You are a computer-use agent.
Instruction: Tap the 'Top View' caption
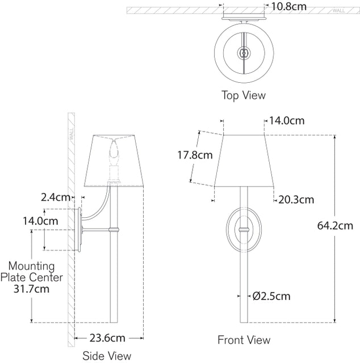tap(244, 95)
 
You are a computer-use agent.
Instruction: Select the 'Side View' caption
tap(107, 356)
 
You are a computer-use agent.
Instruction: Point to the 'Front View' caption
tap(244, 340)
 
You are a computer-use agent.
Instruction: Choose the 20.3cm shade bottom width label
tap(296, 199)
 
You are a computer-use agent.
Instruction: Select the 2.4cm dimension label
tap(55, 197)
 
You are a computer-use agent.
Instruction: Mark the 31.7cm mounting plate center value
tap(31, 288)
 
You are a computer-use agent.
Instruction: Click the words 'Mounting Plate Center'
tap(31, 271)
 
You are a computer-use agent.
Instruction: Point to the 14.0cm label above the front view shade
tap(287, 120)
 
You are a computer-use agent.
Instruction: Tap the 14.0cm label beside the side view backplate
tap(39, 220)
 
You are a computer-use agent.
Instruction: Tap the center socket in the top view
tap(244, 53)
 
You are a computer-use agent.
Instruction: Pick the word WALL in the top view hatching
tap(338, 10)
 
